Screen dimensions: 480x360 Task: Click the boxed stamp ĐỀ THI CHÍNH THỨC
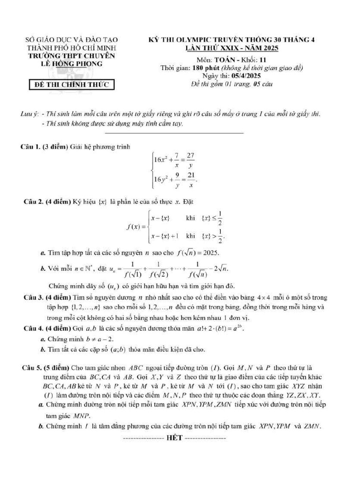[x=68, y=85]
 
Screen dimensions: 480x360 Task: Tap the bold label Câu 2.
[x=34, y=202]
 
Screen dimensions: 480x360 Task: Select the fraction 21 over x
[x=191, y=180]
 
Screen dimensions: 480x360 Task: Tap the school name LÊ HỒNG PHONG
[x=69, y=64]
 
